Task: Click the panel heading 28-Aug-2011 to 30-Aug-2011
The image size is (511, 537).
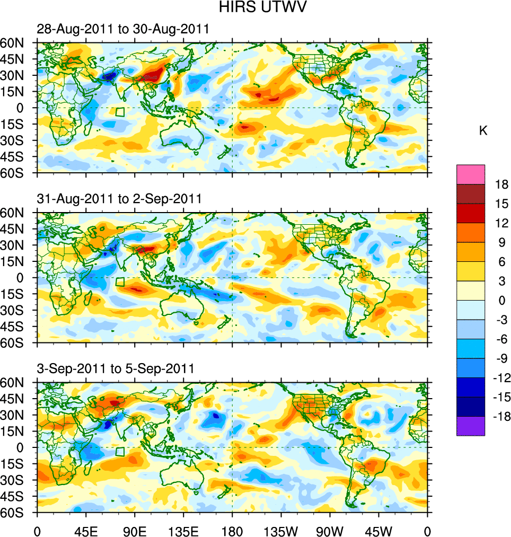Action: pos(123,30)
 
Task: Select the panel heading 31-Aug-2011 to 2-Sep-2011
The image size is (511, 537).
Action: pos(119,199)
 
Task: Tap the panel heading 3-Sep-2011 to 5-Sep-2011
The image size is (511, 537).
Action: pos(116,368)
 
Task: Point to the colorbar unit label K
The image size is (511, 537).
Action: pos(483,131)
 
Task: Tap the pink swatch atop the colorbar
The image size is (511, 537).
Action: pos(471,174)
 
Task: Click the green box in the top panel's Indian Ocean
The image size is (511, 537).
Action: pos(120,112)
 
